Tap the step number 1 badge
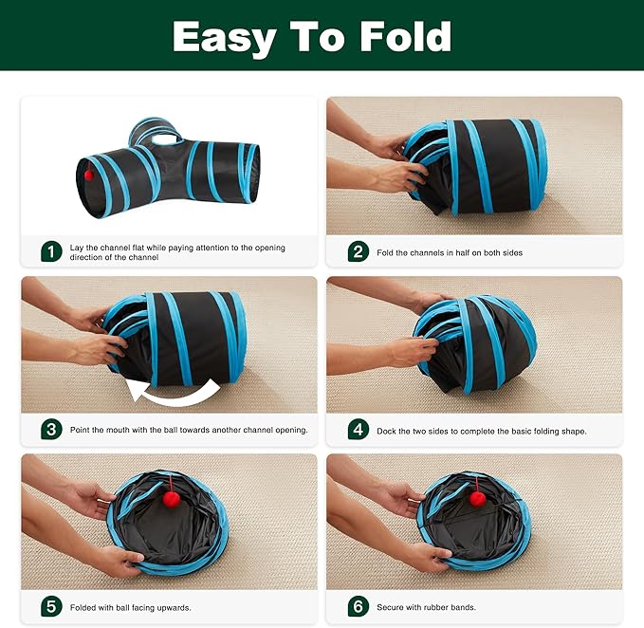coord(51,251)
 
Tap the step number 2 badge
coord(358,251)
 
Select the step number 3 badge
coord(51,430)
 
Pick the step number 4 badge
coord(358,430)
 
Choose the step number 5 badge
coord(51,607)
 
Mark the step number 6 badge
coord(358,607)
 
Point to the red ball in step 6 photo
coord(478,497)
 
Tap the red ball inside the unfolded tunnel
coord(88,175)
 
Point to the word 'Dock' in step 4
coord(388,431)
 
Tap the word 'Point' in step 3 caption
coord(83,431)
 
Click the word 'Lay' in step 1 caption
coord(78,248)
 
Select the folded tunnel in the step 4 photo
coord(474,342)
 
